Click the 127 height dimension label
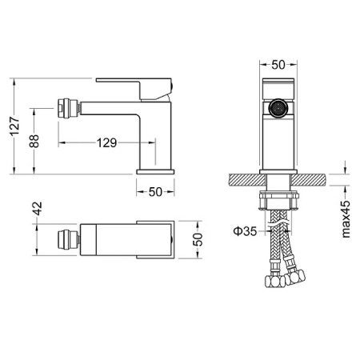pyautogui.click(x=15, y=126)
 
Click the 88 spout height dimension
pyautogui.click(x=34, y=142)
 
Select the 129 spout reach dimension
pyautogui.click(x=106, y=143)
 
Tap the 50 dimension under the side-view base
pyautogui.click(x=155, y=192)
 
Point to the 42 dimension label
pyautogui.click(x=38, y=209)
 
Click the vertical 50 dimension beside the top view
pyautogui.click(x=198, y=239)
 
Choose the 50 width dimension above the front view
pyautogui.click(x=278, y=65)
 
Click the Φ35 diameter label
pyautogui.click(x=245, y=231)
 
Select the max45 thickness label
pyautogui.click(x=346, y=219)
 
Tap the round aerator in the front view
pyautogui.click(x=278, y=109)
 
